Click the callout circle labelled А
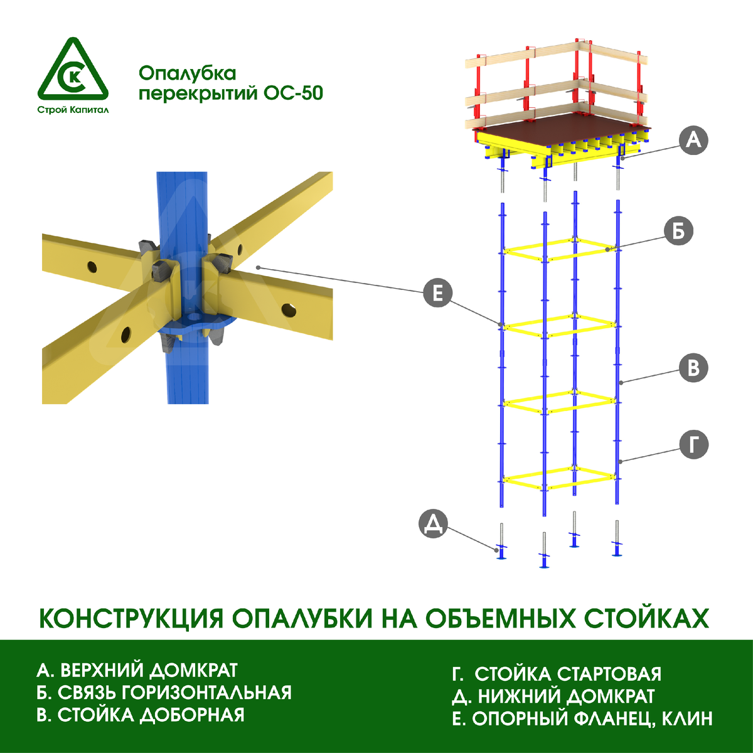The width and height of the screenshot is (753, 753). pos(693,139)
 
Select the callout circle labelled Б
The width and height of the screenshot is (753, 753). pos(678,232)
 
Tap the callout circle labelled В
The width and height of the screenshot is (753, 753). pos(693,368)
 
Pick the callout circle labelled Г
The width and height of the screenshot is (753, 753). pos(693,446)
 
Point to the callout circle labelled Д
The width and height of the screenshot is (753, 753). pos(433,525)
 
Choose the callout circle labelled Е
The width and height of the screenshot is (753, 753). pos(437,293)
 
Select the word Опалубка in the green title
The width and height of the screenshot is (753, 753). pos(187,73)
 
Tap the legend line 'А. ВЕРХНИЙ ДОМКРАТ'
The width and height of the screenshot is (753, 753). pos(137,670)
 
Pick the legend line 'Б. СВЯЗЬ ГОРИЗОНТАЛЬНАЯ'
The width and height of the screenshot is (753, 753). pos(164,692)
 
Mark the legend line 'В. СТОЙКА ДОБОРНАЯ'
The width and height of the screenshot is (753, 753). pos(141,715)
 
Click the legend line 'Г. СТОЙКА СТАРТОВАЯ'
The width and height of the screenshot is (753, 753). pos(557,674)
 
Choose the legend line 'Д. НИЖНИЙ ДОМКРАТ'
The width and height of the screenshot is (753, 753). pos(553,696)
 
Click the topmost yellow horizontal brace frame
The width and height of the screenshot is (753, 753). pos(558,249)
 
